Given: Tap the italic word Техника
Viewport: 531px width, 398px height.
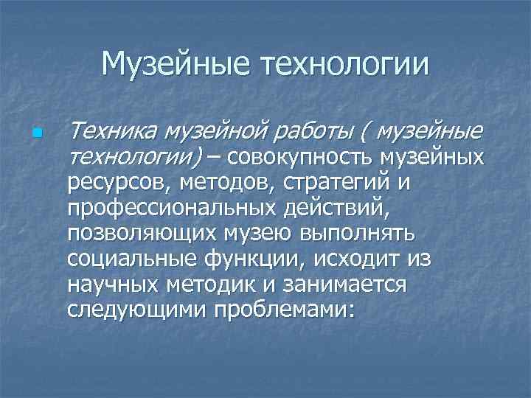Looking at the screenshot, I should (x=111, y=133).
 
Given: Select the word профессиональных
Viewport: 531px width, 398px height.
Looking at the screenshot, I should (x=170, y=208).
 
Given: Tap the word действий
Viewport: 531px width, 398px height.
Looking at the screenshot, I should (x=333, y=208).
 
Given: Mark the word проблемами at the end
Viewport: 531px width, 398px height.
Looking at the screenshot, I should (x=284, y=309).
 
